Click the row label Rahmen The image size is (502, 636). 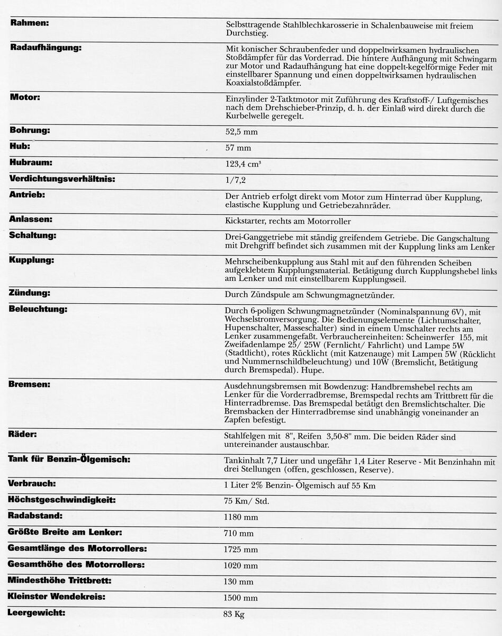(x=30, y=24)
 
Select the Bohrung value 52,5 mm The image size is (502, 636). (x=241, y=131)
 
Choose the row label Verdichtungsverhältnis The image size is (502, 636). (x=62, y=179)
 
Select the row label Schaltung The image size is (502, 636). (x=33, y=235)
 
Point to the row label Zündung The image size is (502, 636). (x=30, y=293)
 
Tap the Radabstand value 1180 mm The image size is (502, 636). (x=241, y=517)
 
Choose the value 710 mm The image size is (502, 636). (x=239, y=533)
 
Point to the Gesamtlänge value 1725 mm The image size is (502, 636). (x=241, y=550)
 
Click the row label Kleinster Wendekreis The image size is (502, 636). (x=57, y=597)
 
